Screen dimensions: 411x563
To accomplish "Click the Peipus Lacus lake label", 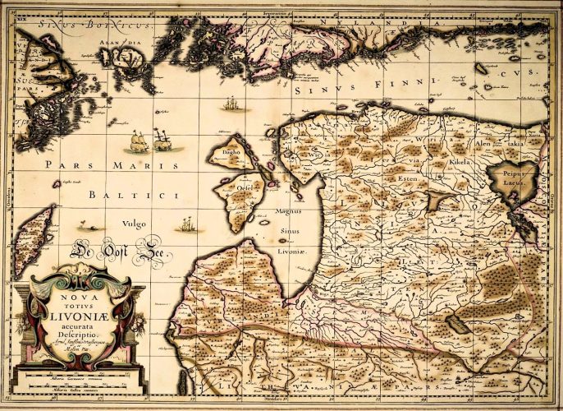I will (x=522, y=182).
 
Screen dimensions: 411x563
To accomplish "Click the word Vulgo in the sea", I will (x=134, y=223).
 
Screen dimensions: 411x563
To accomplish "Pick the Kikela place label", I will (x=462, y=164).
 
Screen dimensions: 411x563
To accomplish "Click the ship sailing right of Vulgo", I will (x=188, y=224).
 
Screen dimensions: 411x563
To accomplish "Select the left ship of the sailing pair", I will (x=137, y=143).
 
